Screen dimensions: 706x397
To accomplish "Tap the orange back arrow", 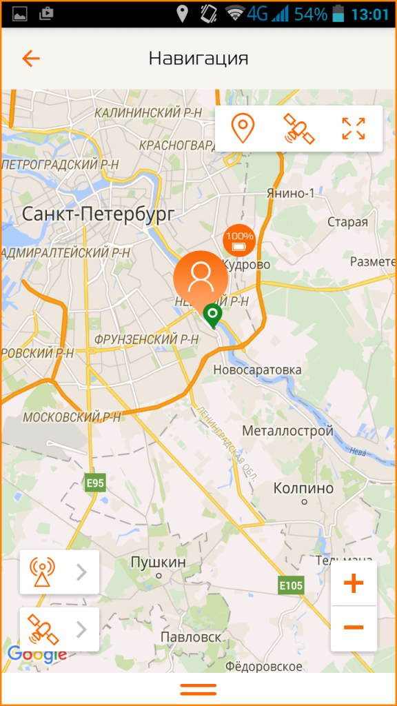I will (x=31, y=59).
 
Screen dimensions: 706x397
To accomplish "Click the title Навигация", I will (x=198, y=59).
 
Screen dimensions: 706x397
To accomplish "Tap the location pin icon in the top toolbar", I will (x=242, y=129).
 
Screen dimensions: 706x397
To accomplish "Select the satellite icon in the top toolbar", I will (x=298, y=129).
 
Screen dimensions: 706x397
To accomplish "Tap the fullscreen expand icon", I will (x=354, y=129).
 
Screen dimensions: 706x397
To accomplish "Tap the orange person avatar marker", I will (x=201, y=276).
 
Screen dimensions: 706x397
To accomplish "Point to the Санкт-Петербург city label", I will (x=99, y=214).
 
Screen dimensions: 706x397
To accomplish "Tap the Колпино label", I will (x=303, y=488).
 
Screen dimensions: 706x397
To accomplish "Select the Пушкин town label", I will (x=159, y=563).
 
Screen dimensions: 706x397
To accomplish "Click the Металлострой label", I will (x=288, y=432).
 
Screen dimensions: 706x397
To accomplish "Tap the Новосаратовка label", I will (x=257, y=370).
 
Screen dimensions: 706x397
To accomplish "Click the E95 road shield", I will (x=95, y=483).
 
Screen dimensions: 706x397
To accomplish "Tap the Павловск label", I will (x=192, y=637).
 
